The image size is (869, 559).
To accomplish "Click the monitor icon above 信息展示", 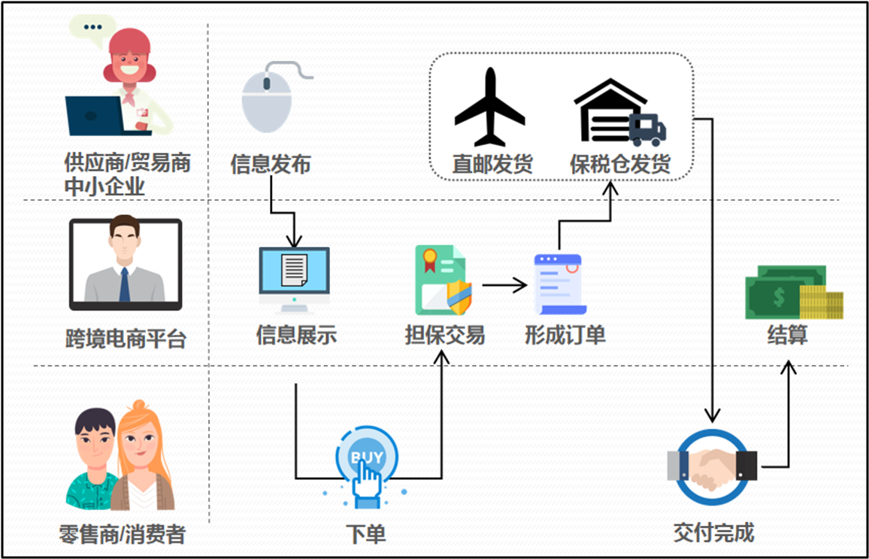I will (x=294, y=278).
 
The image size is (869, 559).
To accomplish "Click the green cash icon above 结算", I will (x=791, y=294).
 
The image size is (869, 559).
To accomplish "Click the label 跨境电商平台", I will (x=126, y=339).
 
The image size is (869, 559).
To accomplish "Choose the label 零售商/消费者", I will (x=122, y=534).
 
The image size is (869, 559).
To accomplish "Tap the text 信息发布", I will (x=271, y=164).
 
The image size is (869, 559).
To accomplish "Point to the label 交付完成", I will (x=713, y=533).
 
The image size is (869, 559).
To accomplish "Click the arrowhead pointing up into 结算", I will (x=789, y=367).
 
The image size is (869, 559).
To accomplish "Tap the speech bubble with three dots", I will (x=92, y=28).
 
